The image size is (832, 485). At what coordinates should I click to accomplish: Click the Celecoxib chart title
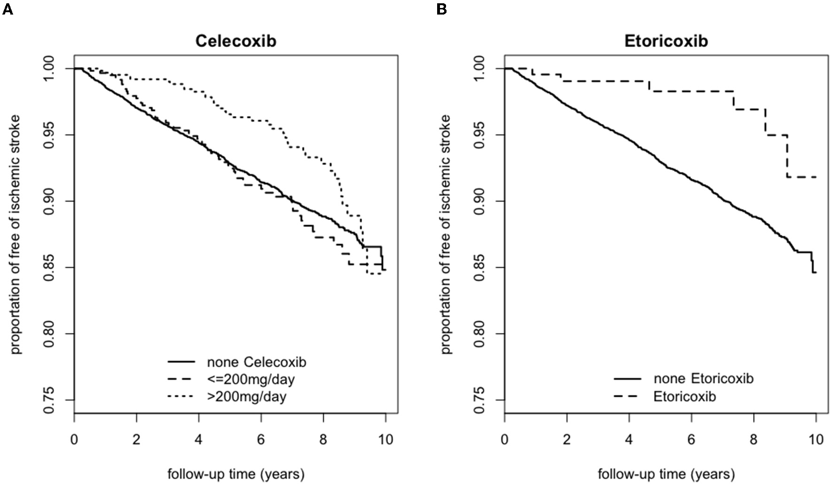[236, 41]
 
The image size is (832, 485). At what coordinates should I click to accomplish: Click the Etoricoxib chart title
[666, 41]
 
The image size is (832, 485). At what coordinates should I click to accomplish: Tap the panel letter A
[7, 9]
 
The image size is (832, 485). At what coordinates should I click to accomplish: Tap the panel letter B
[441, 9]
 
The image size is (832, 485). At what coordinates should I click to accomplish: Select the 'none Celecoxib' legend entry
[256, 362]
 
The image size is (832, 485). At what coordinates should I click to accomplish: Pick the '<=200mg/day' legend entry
[251, 379]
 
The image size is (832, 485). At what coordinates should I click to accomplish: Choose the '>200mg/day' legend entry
[247, 397]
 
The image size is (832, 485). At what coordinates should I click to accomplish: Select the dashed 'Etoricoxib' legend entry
[685, 397]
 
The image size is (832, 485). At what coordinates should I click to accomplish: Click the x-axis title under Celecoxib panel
[236, 474]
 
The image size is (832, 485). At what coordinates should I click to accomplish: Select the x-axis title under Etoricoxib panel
[666, 474]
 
